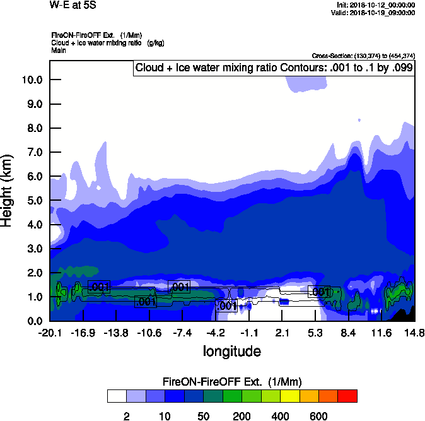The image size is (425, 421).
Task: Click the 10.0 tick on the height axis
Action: coord(32,80)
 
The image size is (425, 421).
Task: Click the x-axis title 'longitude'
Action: coord(231,351)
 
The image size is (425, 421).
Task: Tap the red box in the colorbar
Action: coord(347,396)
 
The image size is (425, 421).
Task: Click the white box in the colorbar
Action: coord(117,396)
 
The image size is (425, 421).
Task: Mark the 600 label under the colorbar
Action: coord(318,416)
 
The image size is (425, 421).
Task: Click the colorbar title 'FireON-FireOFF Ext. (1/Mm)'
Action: coord(232,382)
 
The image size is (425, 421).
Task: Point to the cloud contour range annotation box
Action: coord(273,68)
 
